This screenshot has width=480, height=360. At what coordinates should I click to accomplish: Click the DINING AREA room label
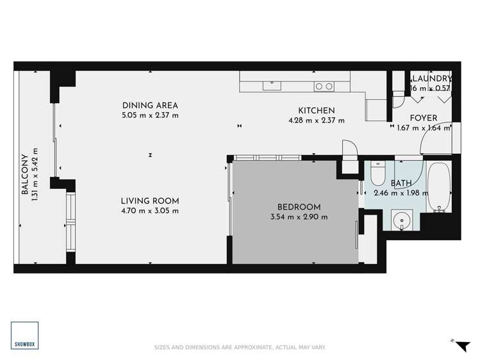[x=150, y=106]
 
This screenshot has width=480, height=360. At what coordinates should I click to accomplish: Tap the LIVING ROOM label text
[x=150, y=200]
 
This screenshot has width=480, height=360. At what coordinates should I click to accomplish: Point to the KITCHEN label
[x=316, y=110]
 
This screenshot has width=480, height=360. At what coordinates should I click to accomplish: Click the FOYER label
[x=423, y=118]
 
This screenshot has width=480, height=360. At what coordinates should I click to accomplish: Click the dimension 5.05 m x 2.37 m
[x=150, y=116]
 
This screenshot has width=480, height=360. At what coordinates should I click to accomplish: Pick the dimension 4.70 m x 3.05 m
[x=150, y=210]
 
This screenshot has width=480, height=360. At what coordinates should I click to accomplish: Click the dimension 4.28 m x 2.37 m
[x=316, y=120]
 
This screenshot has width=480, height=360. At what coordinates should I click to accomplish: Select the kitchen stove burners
[x=323, y=86]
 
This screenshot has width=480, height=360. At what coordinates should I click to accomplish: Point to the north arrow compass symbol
[x=460, y=346]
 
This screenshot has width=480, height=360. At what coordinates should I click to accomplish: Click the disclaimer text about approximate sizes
[x=240, y=347]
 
